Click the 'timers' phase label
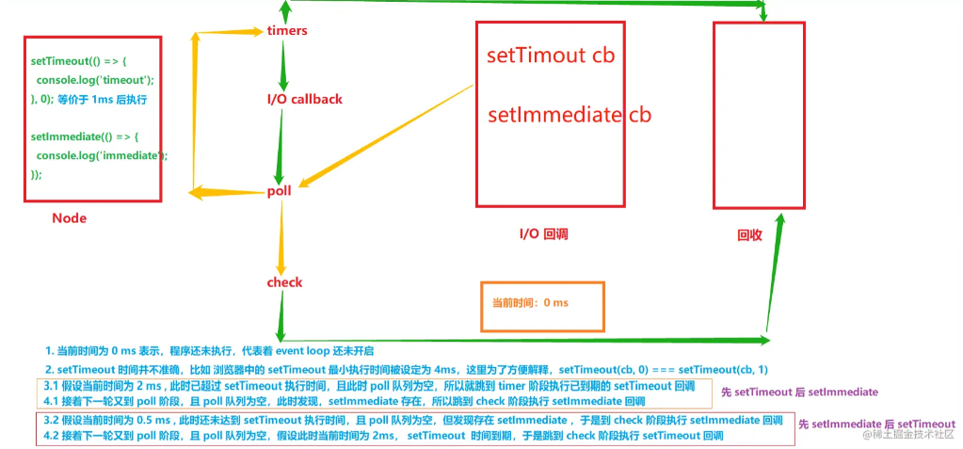[287, 31]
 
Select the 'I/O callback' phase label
[300, 99]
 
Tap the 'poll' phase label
[279, 191]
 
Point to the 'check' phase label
[284, 282]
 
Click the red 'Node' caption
[69, 218]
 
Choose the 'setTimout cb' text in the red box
[551, 56]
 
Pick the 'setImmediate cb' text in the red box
[570, 115]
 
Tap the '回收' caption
[749, 235]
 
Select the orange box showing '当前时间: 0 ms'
[543, 306]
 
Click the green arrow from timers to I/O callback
[283, 64]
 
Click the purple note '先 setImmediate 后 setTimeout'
[876, 424]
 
